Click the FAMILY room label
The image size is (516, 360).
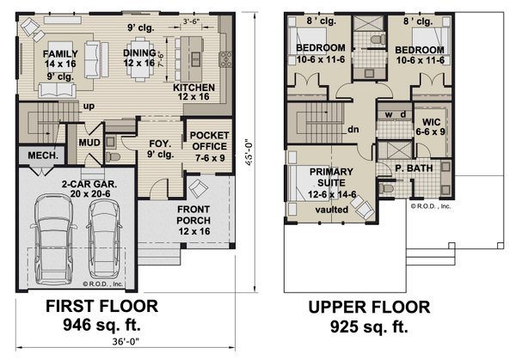[60, 53]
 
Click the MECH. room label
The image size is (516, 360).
[42, 156]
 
